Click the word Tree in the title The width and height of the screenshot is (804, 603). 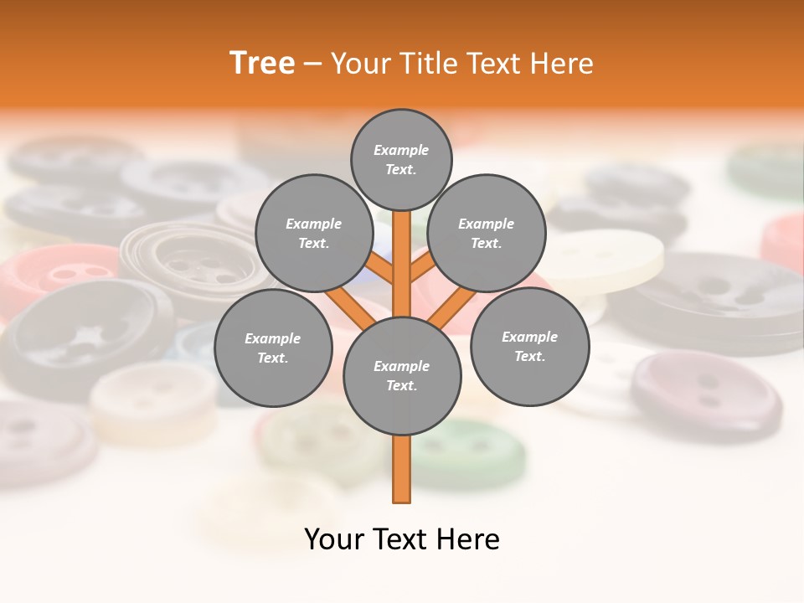262,63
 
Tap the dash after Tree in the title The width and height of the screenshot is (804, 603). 312,64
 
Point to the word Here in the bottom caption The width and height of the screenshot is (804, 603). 472,539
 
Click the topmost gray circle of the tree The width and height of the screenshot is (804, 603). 401,159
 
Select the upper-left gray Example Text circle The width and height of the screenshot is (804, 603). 313,233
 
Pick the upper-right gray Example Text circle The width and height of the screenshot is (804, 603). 487,233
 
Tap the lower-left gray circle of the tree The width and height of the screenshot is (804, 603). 273,348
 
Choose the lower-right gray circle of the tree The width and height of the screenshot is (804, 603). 529,346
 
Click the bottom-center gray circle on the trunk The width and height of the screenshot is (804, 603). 402,375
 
